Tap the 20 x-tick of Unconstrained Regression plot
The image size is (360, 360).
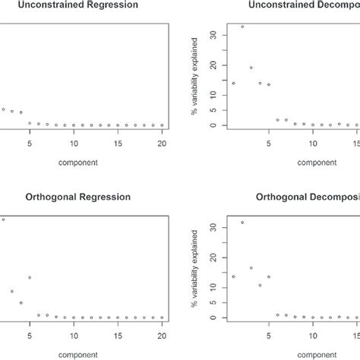pos(162,142)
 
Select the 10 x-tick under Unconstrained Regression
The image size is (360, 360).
pos(74,142)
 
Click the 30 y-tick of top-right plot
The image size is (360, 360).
pos(213,35)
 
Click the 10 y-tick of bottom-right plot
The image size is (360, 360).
pos(213,288)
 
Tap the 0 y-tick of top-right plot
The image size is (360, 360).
pos(213,125)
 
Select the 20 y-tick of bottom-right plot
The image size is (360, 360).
pos(213,257)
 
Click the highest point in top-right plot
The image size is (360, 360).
pos(242,27)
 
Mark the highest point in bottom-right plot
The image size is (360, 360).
pos(242,223)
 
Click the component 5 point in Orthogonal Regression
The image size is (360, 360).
pos(30,277)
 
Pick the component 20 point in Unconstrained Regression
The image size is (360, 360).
pos(162,125)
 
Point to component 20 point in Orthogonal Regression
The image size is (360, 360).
pos(162,317)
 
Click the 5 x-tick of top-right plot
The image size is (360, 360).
pos(269,142)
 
